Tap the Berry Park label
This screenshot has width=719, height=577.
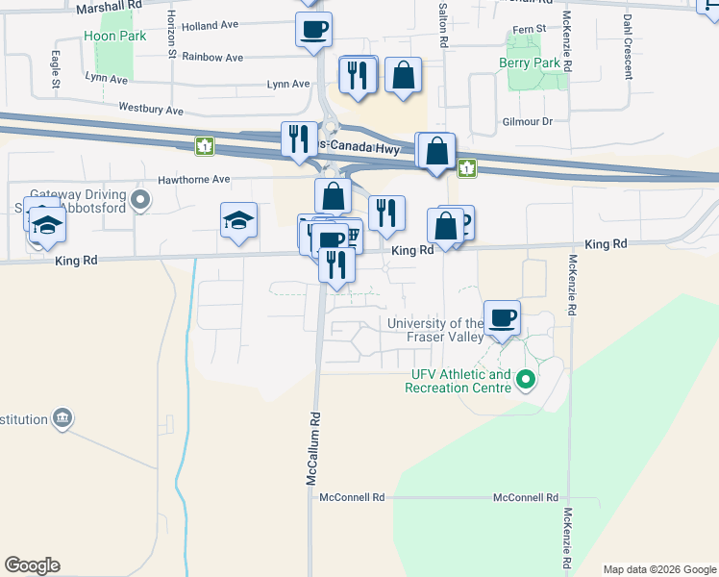529,63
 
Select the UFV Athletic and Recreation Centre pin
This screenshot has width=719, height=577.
525,381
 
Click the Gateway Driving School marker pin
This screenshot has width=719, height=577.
141,201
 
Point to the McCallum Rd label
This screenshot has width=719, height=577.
312,448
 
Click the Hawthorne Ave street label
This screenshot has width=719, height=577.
194,179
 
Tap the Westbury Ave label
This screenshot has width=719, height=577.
150,111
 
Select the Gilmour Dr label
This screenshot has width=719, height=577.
528,122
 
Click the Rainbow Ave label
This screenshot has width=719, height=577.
211,58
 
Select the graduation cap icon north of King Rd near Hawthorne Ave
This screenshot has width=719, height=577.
239,220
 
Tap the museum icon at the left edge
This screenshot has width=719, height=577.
62,418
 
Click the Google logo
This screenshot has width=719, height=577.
32,565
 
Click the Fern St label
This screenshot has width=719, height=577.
528,31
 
